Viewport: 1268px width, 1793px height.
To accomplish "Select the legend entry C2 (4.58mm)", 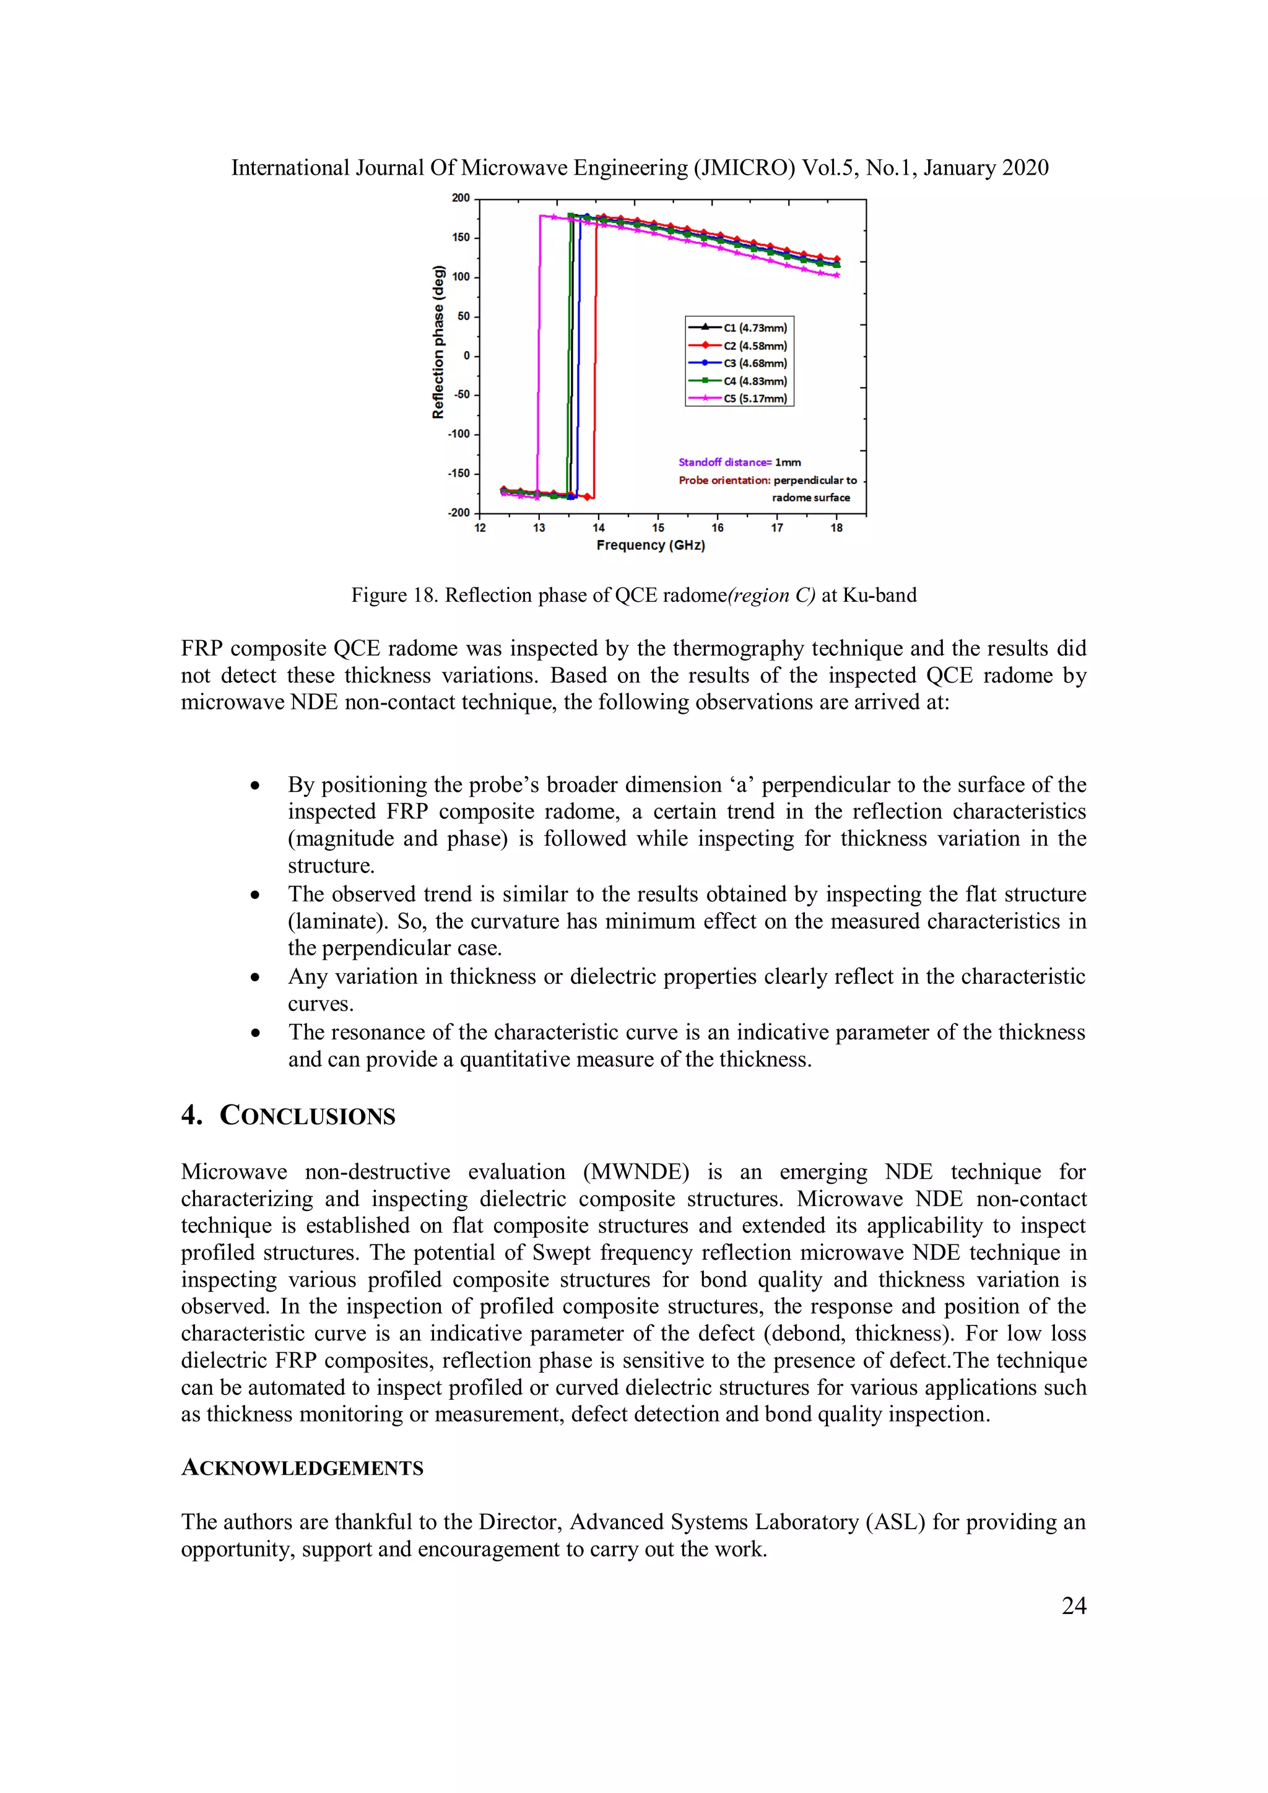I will tap(754, 345).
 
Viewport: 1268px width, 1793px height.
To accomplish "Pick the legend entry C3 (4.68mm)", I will tap(754, 363).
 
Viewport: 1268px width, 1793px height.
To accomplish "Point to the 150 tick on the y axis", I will tap(461, 237).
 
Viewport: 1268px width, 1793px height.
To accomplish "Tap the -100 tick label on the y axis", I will tap(458, 434).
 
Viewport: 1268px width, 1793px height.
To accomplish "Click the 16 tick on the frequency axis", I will tap(718, 528).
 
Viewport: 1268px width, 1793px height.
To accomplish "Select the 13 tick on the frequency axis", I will tap(539, 528).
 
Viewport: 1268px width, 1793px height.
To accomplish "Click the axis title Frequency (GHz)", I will tap(650, 545).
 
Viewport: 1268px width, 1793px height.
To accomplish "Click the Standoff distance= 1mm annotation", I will tap(739, 462).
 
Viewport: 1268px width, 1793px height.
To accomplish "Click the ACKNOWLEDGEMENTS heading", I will tap(302, 1468).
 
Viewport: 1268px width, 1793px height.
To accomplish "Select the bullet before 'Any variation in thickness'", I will tap(255, 978).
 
